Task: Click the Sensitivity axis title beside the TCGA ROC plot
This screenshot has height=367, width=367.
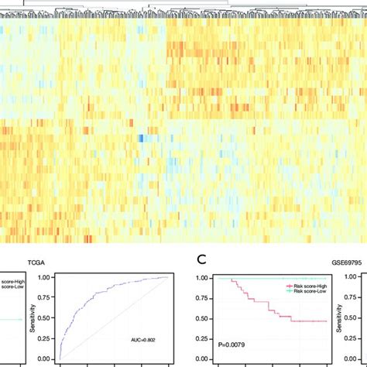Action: pyautogui.click(x=29, y=318)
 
